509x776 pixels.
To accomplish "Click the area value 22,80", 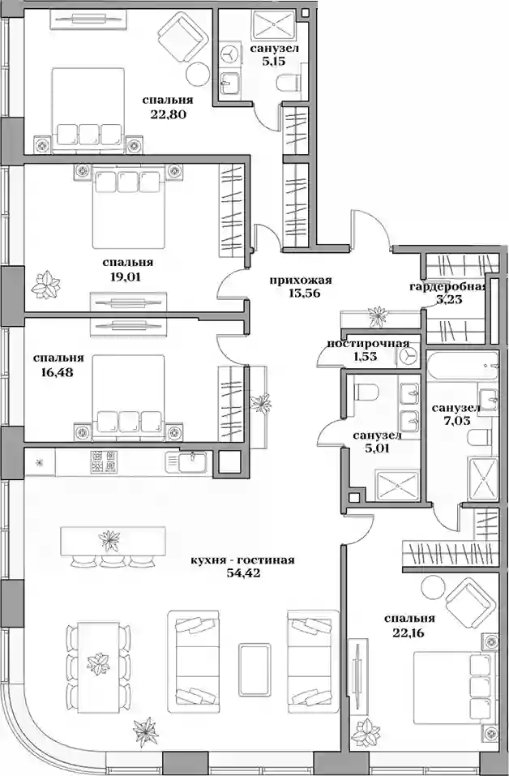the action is pos(168,115).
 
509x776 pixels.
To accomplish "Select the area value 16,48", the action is pos(58,372).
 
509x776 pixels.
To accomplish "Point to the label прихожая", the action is pos(301,281).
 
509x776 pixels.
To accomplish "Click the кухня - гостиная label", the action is pos(243,560).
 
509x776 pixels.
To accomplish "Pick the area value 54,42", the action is pos(243,574).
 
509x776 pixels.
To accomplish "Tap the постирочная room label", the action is pos(366,344).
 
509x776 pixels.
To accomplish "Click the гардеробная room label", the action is pos(448,286).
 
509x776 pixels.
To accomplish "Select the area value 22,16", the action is pos(409,632).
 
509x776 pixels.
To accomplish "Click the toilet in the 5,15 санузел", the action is pos(288,83).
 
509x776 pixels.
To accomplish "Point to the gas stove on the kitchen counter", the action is pos(104,461).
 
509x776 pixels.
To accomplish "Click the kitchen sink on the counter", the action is pos(193,462).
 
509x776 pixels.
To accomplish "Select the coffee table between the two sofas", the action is pos(255,663).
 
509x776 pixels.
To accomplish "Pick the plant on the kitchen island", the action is pos(109,540).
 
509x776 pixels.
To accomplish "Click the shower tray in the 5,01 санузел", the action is pos(395,487).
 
